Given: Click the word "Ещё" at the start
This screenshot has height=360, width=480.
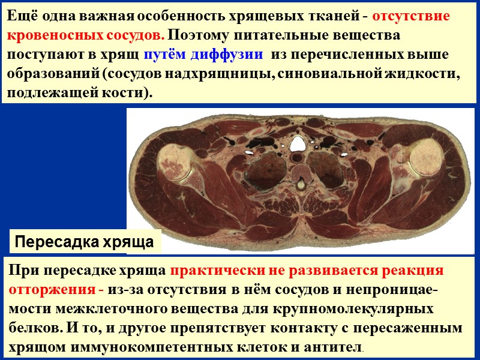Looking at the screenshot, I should tap(20, 17).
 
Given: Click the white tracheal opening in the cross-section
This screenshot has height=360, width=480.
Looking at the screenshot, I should tap(298, 143).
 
